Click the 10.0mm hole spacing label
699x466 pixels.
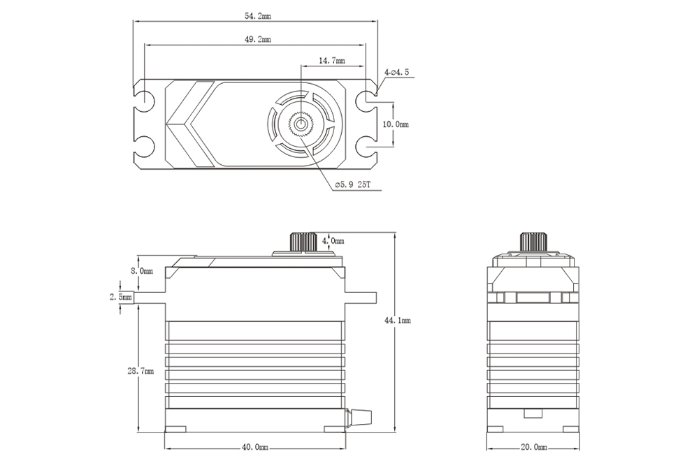pos(397,124)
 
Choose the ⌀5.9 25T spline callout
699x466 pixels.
pos(352,184)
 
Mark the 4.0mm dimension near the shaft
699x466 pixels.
pos(333,241)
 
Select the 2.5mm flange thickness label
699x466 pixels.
pos(120,297)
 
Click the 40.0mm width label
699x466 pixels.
pos(255,446)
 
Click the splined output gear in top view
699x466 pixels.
pos(301,124)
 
